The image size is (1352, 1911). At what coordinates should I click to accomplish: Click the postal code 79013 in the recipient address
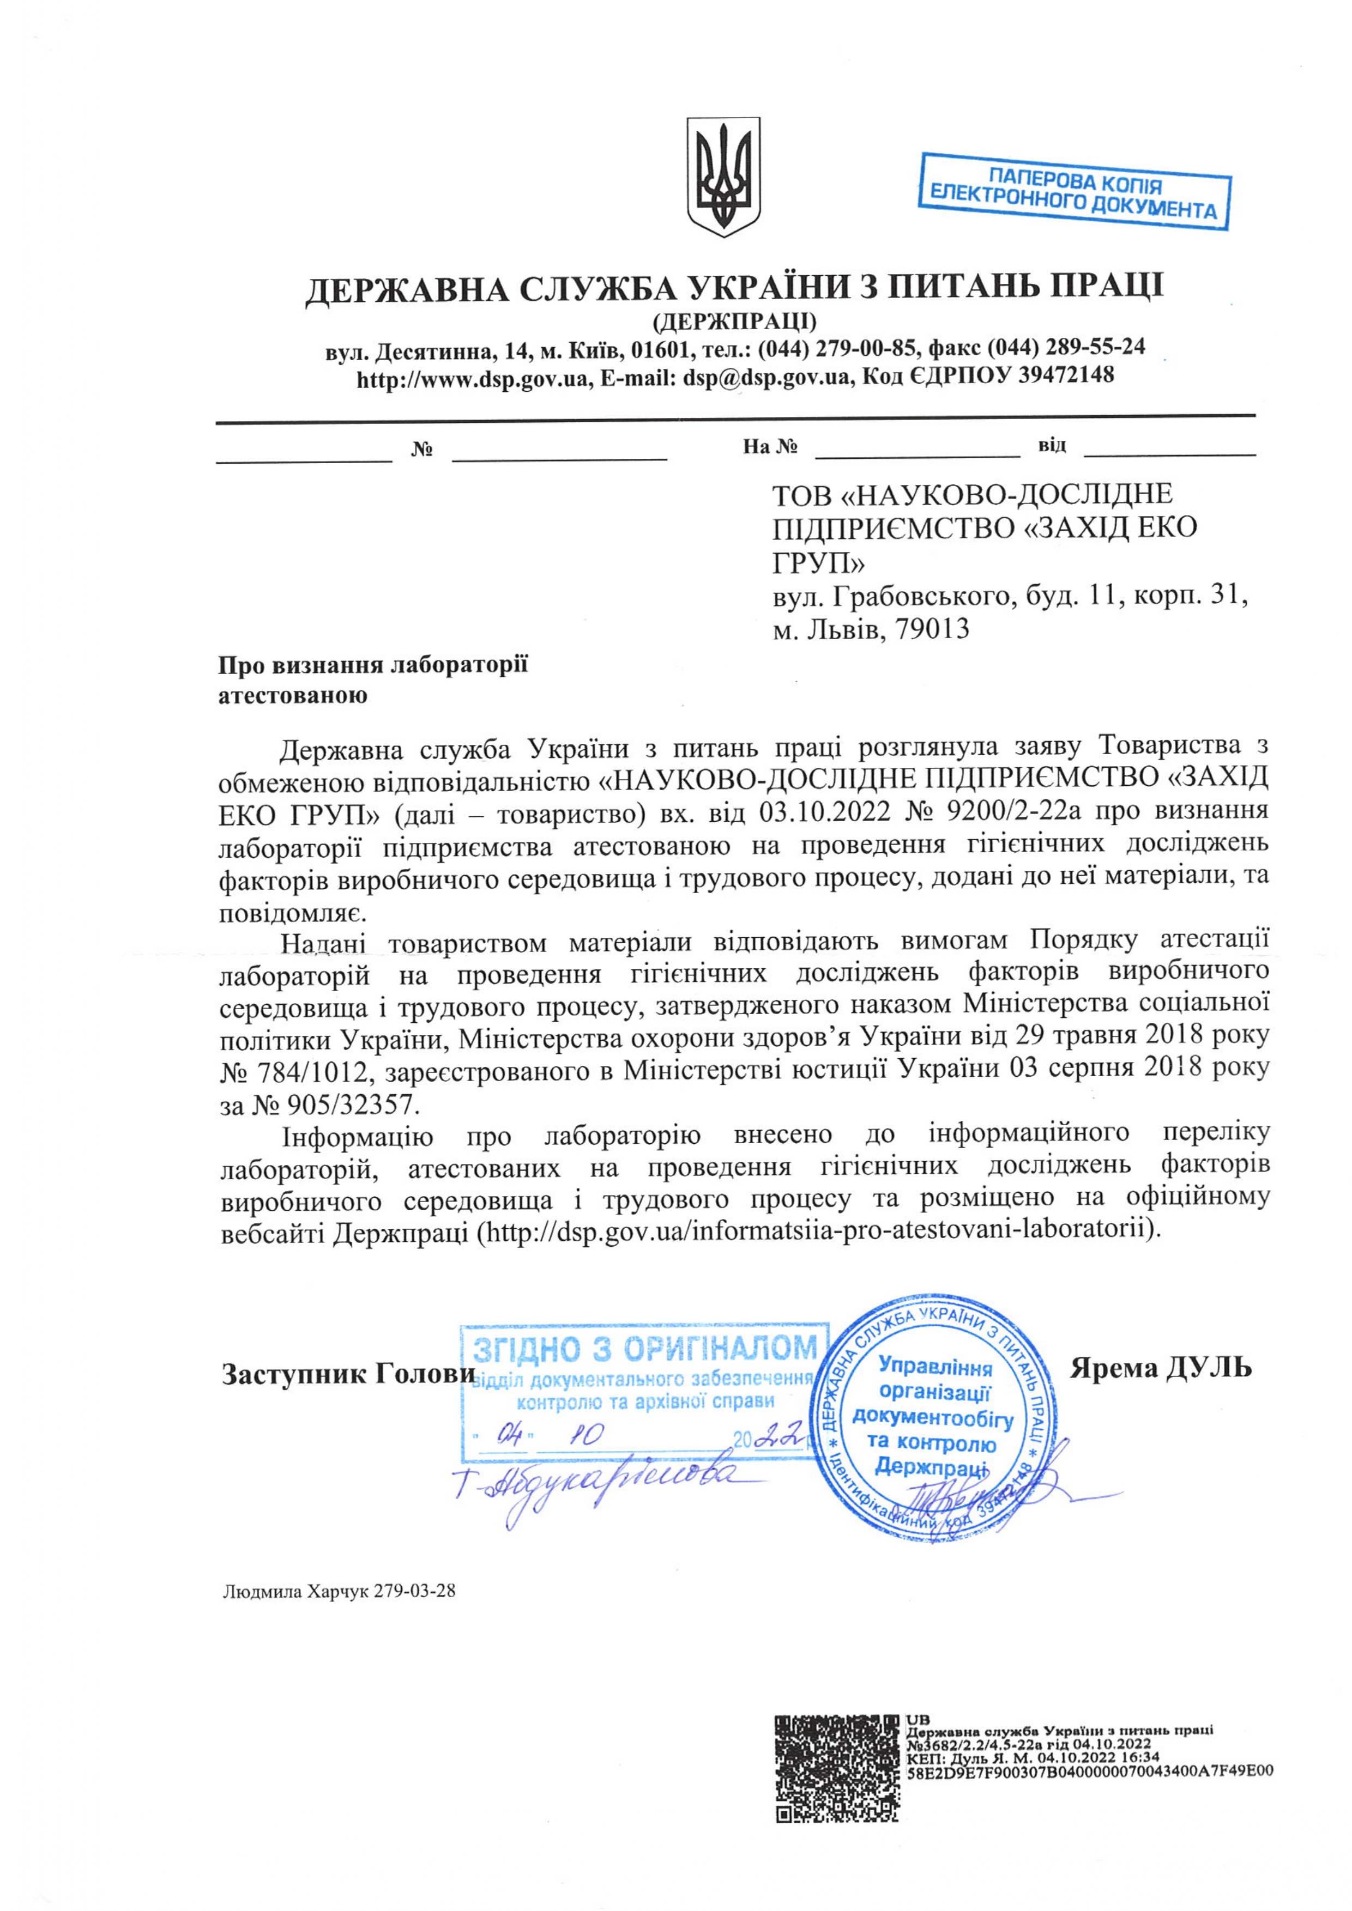[932, 628]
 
